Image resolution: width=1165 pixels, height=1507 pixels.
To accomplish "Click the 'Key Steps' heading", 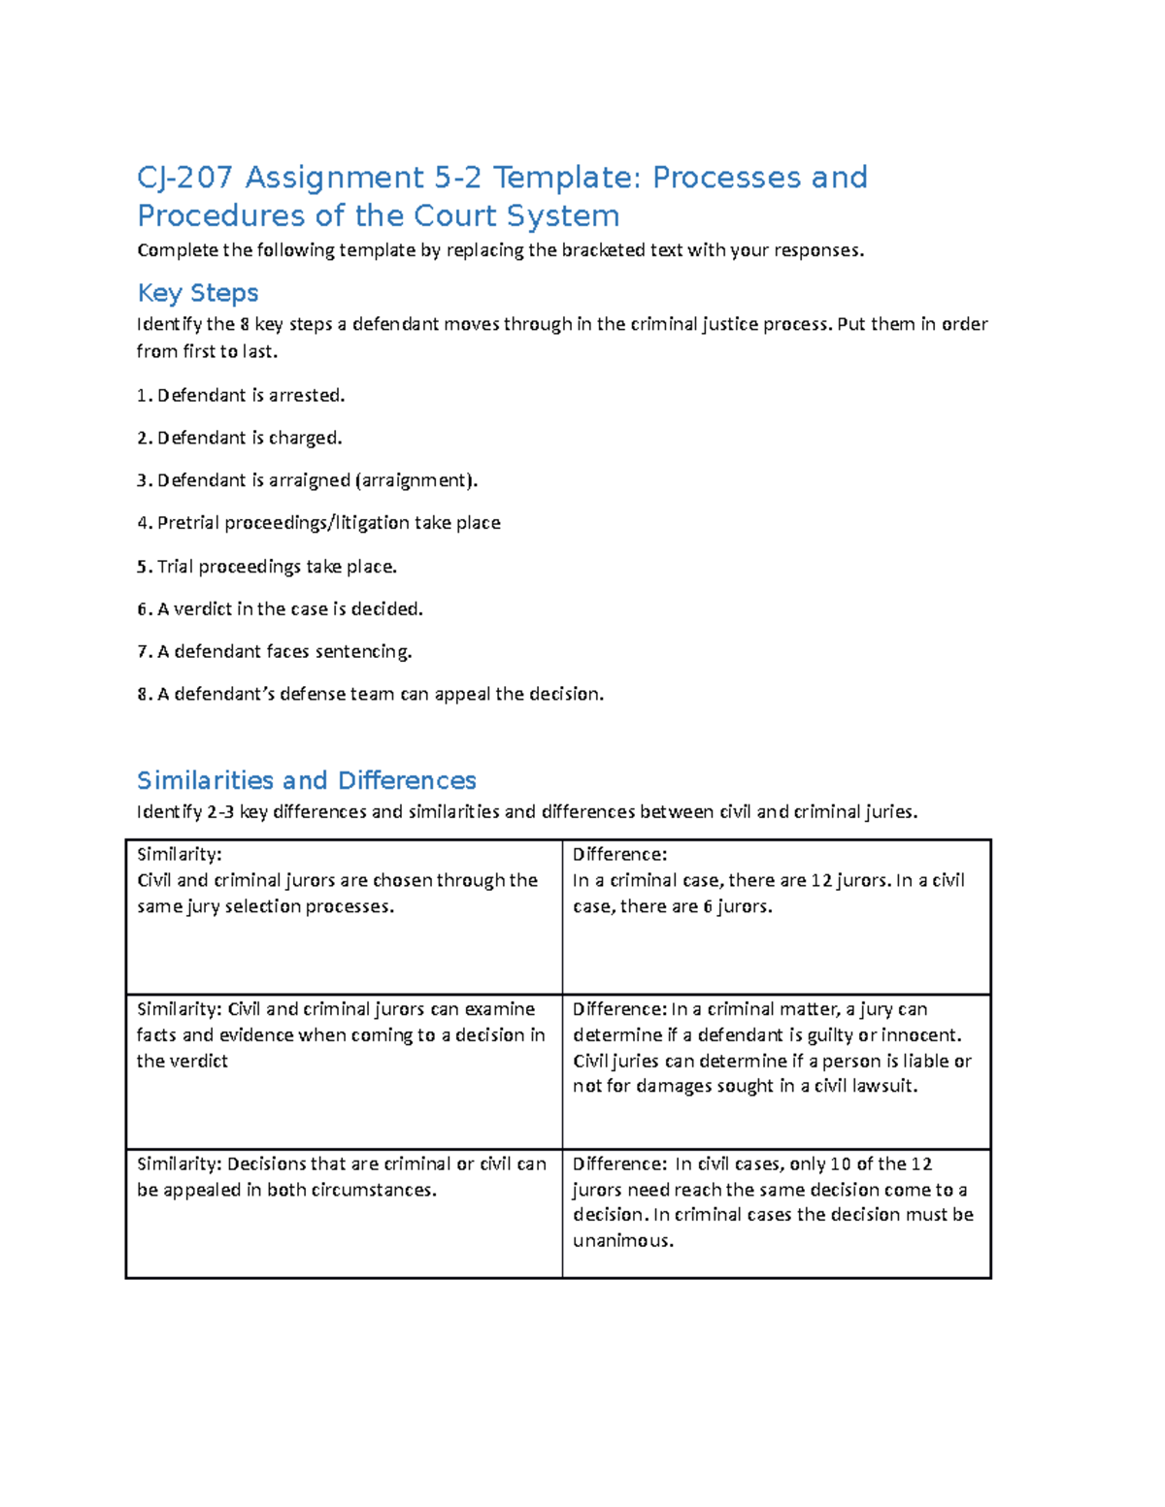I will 197,293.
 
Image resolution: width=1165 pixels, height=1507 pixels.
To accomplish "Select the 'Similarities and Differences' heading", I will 306,780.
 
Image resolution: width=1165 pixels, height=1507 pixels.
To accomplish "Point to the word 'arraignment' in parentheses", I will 414,480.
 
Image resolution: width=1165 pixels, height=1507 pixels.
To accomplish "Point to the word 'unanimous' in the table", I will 622,1241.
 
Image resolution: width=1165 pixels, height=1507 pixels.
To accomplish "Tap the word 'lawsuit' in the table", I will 884,1086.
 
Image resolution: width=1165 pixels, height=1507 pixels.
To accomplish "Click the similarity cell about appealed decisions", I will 341,1177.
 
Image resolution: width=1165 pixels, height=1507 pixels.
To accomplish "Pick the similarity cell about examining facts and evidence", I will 341,1035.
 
